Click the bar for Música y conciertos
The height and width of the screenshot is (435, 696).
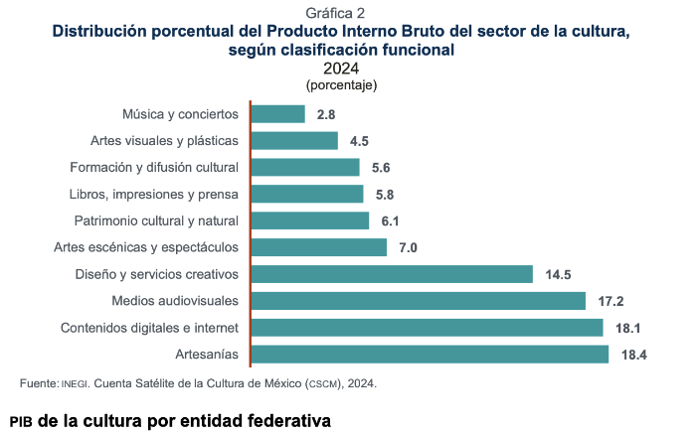(x=278, y=114)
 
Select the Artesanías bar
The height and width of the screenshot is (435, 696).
(x=430, y=355)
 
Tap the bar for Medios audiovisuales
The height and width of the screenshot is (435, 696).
(x=419, y=301)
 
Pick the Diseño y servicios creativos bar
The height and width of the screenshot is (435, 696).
(x=393, y=274)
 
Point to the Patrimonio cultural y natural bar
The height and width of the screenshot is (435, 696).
(x=310, y=220)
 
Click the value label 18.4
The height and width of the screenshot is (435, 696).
(x=633, y=355)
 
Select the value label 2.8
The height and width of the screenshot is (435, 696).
(x=326, y=114)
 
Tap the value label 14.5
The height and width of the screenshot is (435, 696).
(x=558, y=274)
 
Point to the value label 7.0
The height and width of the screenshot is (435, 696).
(x=408, y=247)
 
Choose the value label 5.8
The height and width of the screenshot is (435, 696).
(x=385, y=194)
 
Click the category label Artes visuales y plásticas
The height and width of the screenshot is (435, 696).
(x=164, y=140)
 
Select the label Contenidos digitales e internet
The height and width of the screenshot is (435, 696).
(x=149, y=328)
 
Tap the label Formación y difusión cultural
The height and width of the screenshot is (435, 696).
(x=154, y=167)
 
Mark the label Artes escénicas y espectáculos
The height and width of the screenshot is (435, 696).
(x=146, y=247)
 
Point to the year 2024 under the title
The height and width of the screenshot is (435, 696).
(x=341, y=69)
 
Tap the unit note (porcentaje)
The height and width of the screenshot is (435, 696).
(x=341, y=85)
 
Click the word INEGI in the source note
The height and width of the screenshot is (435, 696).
(x=76, y=383)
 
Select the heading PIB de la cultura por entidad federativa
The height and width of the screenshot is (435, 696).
(x=170, y=420)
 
